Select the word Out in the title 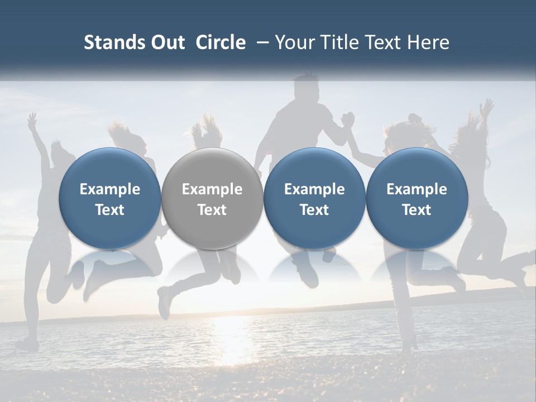coord(166,42)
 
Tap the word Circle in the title coord(221,42)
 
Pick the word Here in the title coord(429,42)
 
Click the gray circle coord(212,198)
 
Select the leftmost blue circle coord(110,198)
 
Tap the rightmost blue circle coord(417,198)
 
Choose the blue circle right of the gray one coord(314,198)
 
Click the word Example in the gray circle coord(212,189)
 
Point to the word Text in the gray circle coord(212,210)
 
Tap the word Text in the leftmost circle coord(110,210)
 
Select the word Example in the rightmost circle coord(417,189)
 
